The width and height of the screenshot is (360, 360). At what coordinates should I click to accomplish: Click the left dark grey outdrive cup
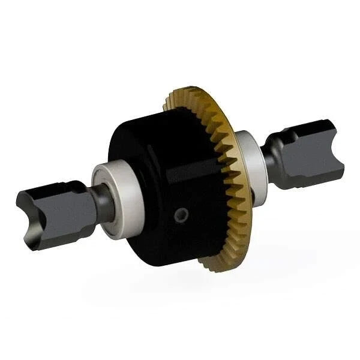click(x=57, y=213)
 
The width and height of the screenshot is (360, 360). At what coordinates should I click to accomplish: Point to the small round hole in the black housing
click(x=181, y=214)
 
